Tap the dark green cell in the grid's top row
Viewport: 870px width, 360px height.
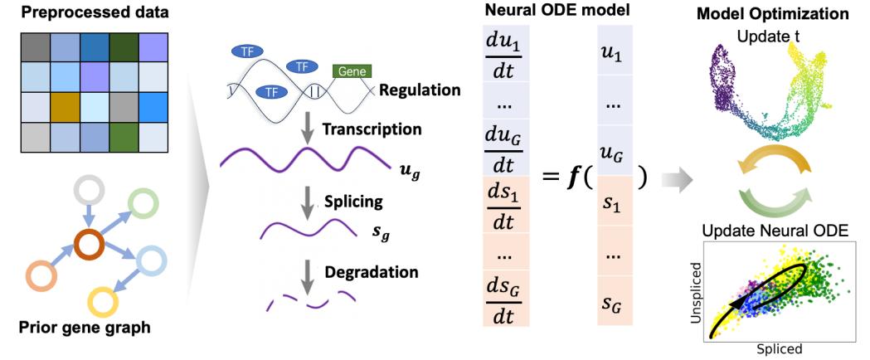point(124,47)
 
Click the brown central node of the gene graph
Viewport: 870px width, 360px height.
point(86,244)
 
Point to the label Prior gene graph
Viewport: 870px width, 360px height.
point(85,328)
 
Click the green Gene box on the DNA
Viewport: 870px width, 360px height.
point(352,72)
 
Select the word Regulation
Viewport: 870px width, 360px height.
point(419,89)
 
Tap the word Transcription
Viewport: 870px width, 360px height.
point(372,129)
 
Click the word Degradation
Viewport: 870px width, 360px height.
point(372,271)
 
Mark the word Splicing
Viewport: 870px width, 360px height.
point(353,201)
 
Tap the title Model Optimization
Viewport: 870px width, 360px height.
point(772,14)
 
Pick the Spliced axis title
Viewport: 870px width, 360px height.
point(780,350)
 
